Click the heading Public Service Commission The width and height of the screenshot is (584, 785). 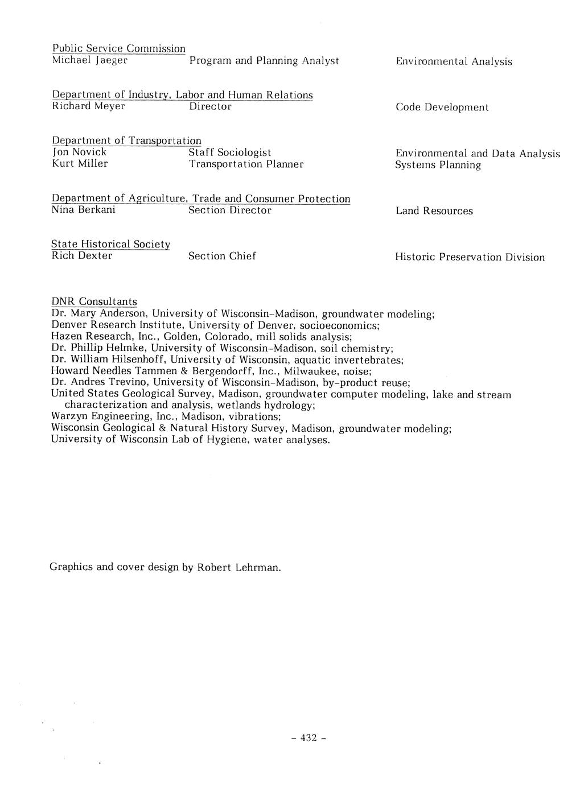[118, 49]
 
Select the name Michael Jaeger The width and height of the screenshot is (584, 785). [89, 60]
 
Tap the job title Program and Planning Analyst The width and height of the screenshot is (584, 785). [264, 60]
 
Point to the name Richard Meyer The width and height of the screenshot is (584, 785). [88, 106]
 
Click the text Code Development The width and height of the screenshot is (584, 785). [442, 108]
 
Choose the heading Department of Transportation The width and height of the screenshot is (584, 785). [126, 141]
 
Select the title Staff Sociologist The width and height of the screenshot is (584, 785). [229, 152]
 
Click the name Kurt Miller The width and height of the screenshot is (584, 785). [80, 164]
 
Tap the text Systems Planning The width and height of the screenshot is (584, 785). [438, 165]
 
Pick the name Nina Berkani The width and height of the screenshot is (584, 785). [83, 210]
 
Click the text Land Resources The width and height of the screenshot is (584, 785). [434, 211]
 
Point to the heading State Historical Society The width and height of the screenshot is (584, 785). [110, 244]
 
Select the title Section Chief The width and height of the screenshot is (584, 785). [222, 256]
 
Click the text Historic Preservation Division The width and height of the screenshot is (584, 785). [470, 257]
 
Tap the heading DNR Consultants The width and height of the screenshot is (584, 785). [94, 301]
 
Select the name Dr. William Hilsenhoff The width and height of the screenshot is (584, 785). [108, 360]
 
